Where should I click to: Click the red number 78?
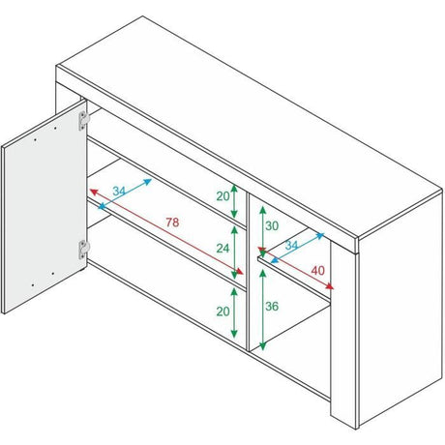(172, 222)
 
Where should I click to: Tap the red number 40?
(317, 271)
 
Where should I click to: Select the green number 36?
(272, 306)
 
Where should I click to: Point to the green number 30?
(272, 226)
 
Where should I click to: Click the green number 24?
(222, 248)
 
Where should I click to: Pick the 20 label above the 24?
(222, 196)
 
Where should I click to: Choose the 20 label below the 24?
(222, 311)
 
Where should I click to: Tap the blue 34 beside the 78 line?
(119, 191)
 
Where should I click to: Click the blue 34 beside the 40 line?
(291, 245)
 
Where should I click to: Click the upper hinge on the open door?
(83, 121)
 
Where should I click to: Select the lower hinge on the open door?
(83, 250)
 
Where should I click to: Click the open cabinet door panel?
(44, 206)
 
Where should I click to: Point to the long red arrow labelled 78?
(166, 232)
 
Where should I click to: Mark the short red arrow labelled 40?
(296, 268)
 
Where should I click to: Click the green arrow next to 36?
(263, 310)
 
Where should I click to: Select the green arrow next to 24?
(234, 252)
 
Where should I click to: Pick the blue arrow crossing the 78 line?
(125, 194)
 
